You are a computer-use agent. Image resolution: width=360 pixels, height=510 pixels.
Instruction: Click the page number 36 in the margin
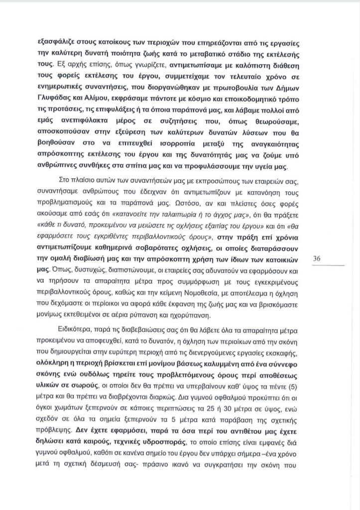pos(317,258)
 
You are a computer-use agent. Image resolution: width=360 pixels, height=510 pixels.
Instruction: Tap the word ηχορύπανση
pos(203,315)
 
